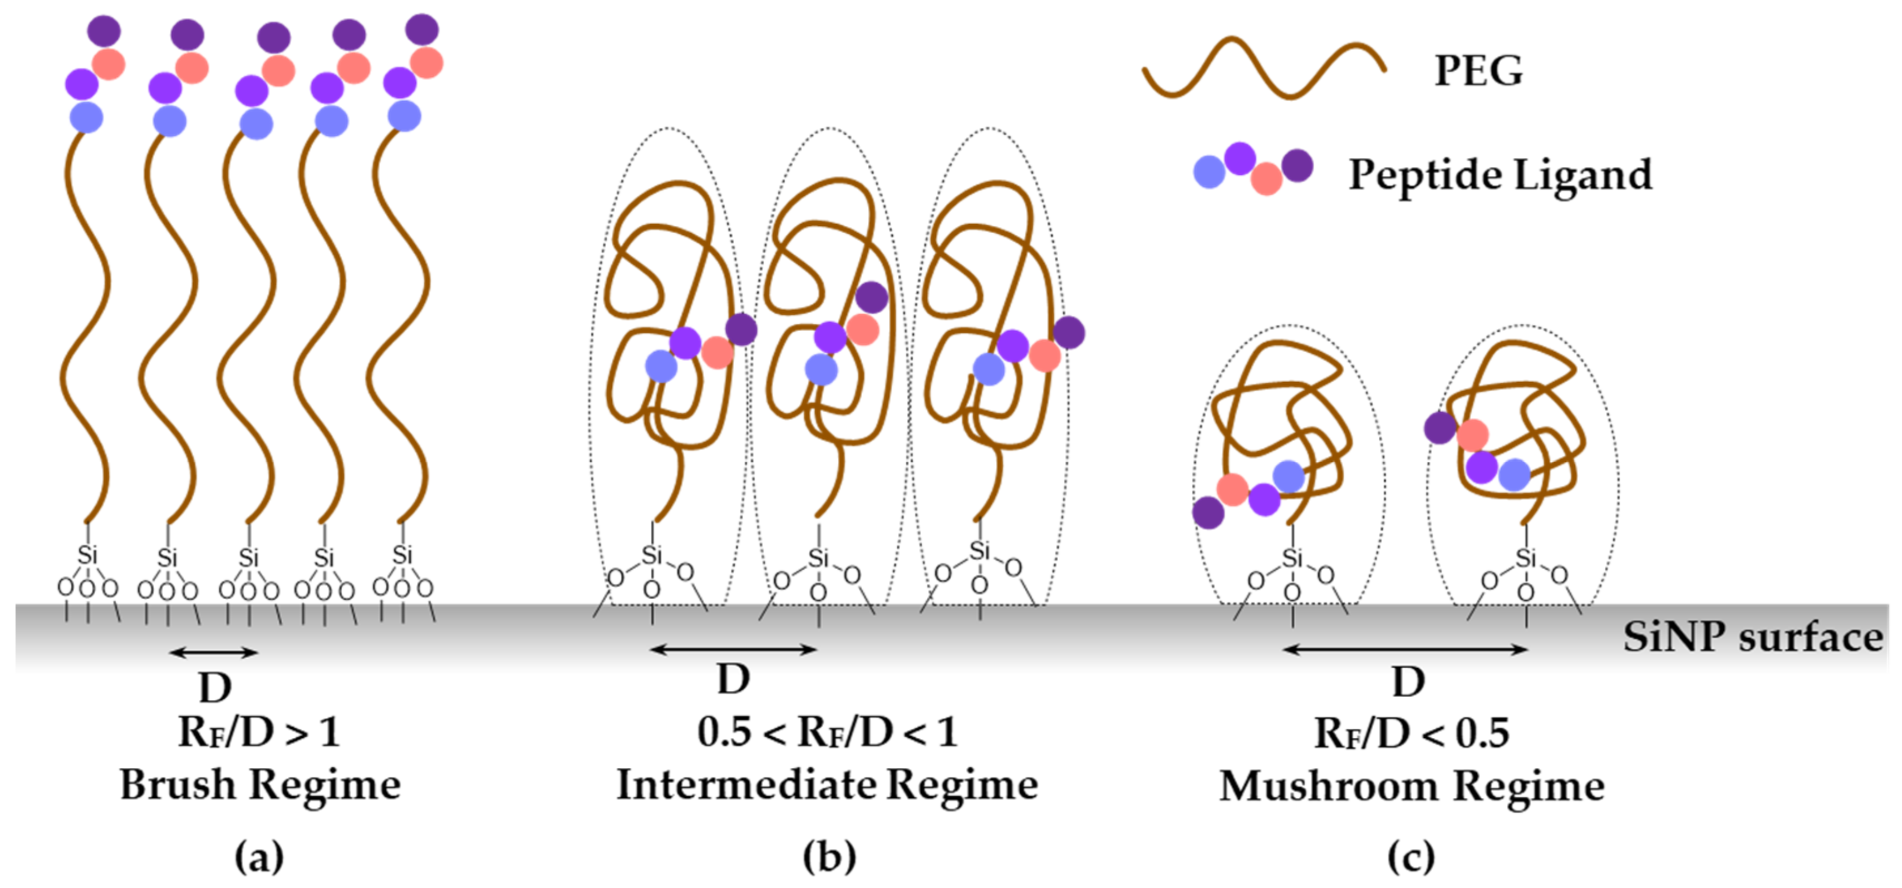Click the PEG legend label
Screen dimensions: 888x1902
pyautogui.click(x=1478, y=71)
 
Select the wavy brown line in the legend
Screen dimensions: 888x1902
pyautogui.click(x=1264, y=68)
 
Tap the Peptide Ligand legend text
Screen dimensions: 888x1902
pyautogui.click(x=1500, y=175)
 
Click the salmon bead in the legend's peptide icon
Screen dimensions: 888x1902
pyautogui.click(x=1267, y=179)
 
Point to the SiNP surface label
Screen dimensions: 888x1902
pyautogui.click(x=1753, y=637)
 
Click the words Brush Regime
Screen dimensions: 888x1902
pyautogui.click(x=260, y=784)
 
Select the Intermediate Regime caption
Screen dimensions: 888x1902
pyautogui.click(x=827, y=784)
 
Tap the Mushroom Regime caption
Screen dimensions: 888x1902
pyautogui.click(x=1411, y=786)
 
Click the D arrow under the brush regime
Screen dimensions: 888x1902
pyautogui.click(x=214, y=652)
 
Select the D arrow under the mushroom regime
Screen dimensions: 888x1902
pyautogui.click(x=1405, y=649)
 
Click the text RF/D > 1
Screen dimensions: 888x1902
pyautogui.click(x=259, y=733)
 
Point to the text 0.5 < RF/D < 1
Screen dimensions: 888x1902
pyautogui.click(x=827, y=733)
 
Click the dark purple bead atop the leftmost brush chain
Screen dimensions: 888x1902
pyautogui.click(x=104, y=31)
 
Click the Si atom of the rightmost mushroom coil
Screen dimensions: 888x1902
pyautogui.click(x=1525, y=559)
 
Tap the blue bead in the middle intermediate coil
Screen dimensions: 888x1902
pyautogui.click(x=821, y=369)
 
